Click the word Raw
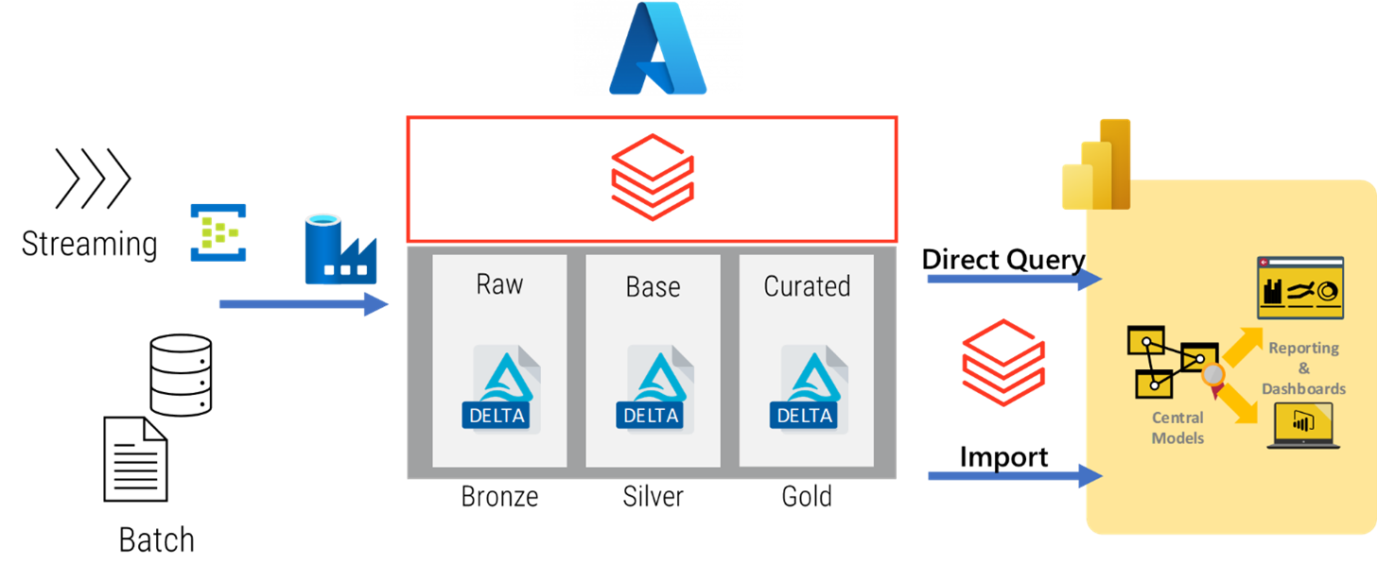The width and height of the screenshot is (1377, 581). pos(499,284)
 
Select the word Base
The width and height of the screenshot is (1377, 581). pos(653,286)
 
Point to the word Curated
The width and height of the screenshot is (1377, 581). pos(807,286)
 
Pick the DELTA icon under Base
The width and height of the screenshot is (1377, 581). pos(653,389)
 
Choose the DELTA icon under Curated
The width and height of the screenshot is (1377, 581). pos(806,389)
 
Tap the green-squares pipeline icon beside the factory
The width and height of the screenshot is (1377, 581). pos(217,237)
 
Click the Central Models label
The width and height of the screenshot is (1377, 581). pos(1177,427)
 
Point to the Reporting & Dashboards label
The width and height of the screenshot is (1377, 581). pos(1303,367)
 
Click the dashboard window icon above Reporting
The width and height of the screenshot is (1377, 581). pos(1300,286)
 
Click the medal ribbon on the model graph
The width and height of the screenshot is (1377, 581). pos(1213,376)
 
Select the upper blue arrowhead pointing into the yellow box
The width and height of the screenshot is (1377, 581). pos(1092,278)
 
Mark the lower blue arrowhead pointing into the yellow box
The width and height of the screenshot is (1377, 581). pos(1092,475)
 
